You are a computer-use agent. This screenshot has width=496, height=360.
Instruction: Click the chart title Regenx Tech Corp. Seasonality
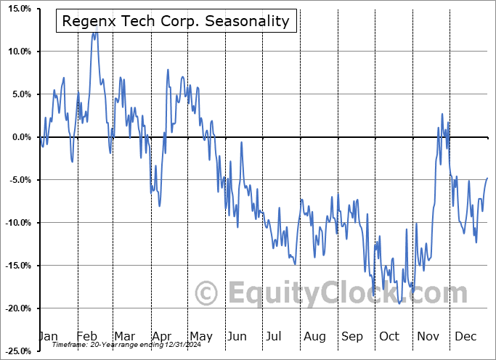pyautogui.click(x=176, y=21)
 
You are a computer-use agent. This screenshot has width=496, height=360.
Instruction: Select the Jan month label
pyautogui.click(x=48, y=336)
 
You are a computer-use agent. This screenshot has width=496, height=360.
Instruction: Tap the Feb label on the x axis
pyautogui.click(x=87, y=336)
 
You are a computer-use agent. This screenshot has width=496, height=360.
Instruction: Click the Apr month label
pyautogui.click(x=162, y=336)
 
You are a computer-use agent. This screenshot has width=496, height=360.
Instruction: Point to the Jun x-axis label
pyautogui.click(x=237, y=336)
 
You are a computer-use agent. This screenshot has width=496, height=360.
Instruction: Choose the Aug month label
pyautogui.click(x=314, y=336)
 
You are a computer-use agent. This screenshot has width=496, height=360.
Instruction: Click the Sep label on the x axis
pyautogui.click(x=352, y=336)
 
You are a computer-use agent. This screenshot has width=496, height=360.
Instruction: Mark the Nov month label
pyautogui.click(x=428, y=336)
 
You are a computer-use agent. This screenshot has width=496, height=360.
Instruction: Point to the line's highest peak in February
pyautogui.click(x=94, y=33)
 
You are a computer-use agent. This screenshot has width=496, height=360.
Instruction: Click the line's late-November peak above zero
pyautogui.click(x=442, y=114)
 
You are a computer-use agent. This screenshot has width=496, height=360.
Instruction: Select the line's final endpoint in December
pyautogui.click(x=487, y=178)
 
